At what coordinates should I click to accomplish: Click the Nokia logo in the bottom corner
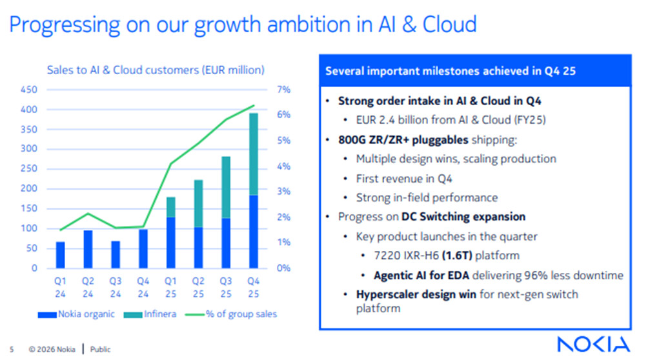tap(593, 344)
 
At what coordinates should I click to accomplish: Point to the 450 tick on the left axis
tap(29, 90)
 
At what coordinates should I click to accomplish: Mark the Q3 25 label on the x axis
tap(227, 287)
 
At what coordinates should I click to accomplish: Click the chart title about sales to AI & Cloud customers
tap(156, 70)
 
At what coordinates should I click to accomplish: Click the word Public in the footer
tap(100, 350)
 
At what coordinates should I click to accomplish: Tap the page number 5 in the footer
tap(12, 350)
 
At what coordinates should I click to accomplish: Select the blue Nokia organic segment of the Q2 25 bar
tap(199, 247)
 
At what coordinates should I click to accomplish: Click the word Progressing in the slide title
tap(61, 25)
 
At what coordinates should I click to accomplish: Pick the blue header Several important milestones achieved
tap(451, 71)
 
